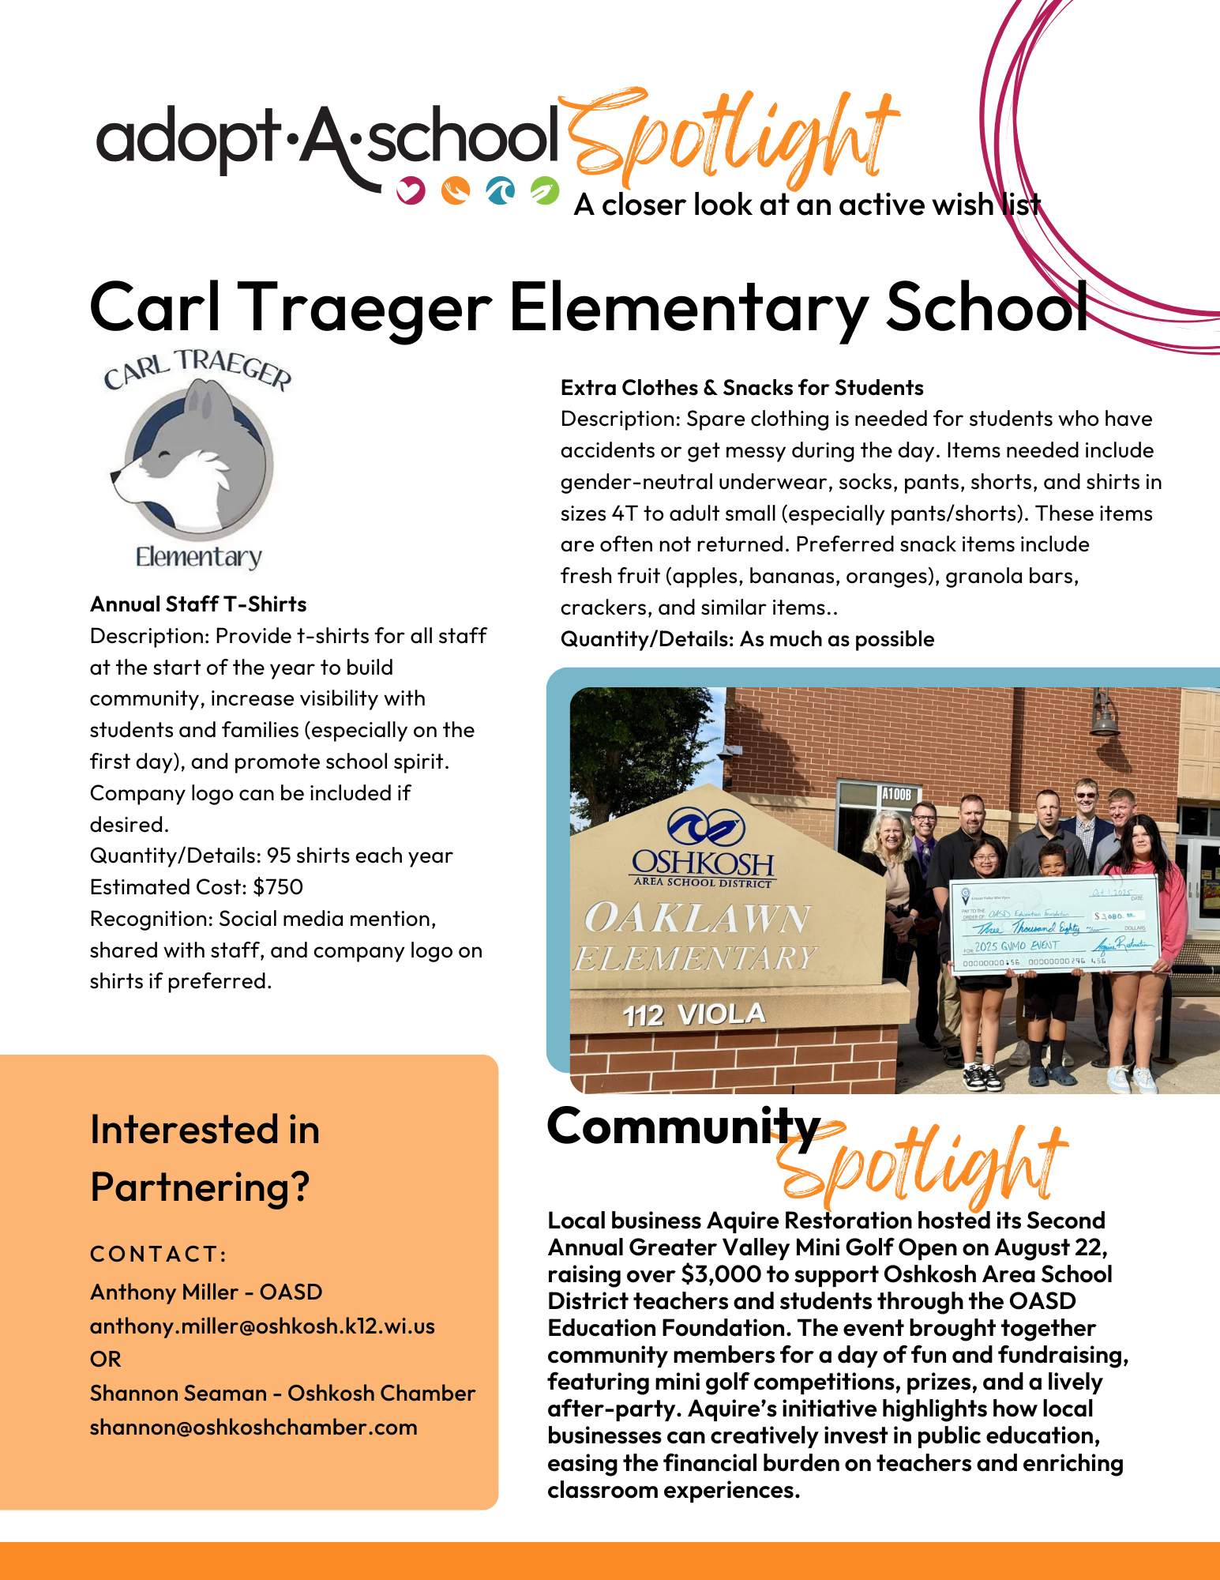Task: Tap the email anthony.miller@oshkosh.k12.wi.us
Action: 262,1326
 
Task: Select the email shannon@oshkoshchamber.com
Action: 253,1428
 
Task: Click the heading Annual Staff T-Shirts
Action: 198,604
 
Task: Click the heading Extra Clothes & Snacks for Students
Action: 741,388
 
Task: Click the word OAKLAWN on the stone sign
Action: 696,919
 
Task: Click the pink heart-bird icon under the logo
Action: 411,190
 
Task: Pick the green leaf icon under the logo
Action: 545,190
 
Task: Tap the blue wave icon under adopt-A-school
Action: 500,190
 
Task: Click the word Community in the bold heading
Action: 684,1127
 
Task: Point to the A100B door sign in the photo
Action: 896,794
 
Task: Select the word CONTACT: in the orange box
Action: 159,1255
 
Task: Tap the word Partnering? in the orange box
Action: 200,1187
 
